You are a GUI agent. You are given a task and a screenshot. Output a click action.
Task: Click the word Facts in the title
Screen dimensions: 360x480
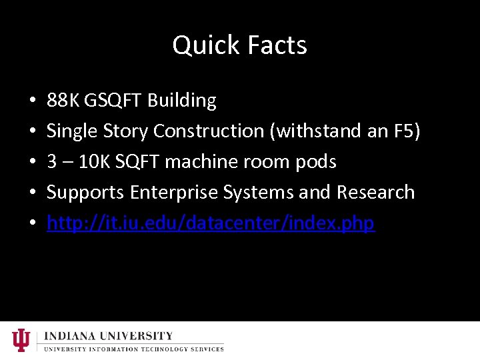(277, 45)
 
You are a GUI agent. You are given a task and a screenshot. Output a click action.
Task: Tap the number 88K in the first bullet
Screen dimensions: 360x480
(61, 101)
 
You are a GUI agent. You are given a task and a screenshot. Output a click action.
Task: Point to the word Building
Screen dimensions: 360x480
(182, 101)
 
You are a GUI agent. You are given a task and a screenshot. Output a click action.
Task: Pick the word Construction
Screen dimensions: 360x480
(209, 131)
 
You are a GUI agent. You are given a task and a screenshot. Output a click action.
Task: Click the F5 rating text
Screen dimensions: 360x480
(406, 131)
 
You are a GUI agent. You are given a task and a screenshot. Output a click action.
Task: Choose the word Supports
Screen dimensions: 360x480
(86, 193)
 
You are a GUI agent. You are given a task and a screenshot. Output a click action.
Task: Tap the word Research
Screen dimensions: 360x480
(375, 193)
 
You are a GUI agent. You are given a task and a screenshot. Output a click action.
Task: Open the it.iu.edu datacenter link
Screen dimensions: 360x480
(211, 223)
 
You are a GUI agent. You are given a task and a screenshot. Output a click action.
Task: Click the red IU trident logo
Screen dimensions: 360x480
(21, 340)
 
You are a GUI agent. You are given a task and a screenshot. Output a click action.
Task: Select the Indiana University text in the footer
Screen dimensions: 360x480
(109, 336)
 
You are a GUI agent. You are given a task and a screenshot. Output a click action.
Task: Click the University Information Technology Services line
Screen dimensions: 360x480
(133, 349)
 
